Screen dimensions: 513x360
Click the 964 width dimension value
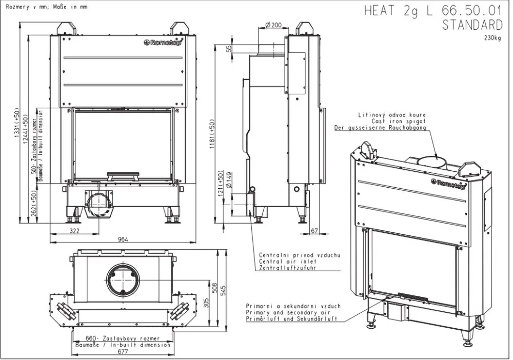(123, 239)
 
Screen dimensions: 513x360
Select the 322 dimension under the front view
(74, 231)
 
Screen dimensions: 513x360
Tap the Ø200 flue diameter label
(273, 25)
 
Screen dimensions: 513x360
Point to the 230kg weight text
(492, 38)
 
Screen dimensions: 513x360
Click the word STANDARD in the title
(472, 25)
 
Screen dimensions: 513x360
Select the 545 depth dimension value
(224, 291)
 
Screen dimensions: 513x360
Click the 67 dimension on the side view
(314, 231)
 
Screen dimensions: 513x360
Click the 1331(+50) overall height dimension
(17, 123)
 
